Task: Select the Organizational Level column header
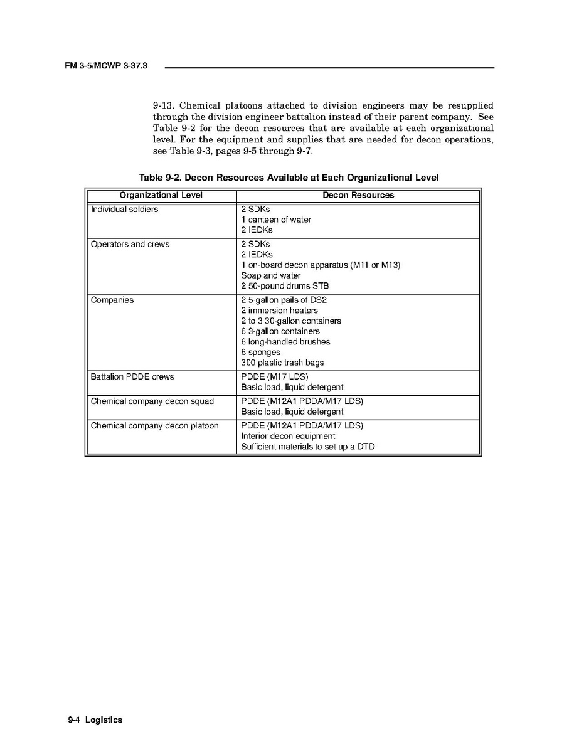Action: click(161, 195)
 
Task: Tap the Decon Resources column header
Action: click(358, 195)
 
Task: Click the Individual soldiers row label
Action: click(124, 209)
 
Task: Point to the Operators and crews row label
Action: click(130, 244)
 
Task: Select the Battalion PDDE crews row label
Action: click(132, 376)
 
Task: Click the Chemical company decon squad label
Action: click(152, 401)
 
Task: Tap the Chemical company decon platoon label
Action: click(155, 425)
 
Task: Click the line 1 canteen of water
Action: click(275, 220)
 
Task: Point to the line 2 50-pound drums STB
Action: click(285, 285)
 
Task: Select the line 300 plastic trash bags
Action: click(282, 363)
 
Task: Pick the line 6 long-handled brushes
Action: click(285, 341)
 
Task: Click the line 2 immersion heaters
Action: click(279, 310)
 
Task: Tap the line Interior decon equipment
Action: click(288, 436)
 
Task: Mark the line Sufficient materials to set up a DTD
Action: click(308, 447)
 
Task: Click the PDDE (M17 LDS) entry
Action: click(275, 376)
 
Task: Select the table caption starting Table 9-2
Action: click(289, 178)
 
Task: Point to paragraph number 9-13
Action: click(162, 105)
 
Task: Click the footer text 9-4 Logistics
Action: click(95, 720)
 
